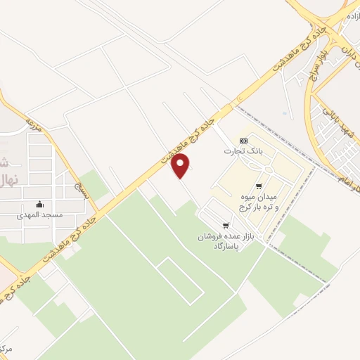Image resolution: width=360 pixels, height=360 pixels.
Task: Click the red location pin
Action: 181,165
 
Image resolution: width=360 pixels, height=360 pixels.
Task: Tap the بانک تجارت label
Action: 238,151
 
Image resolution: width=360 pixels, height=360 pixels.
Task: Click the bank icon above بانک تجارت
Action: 243,141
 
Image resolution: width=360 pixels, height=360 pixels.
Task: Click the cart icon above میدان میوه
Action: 259,186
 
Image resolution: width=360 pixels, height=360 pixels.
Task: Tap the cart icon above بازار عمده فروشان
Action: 225,226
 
